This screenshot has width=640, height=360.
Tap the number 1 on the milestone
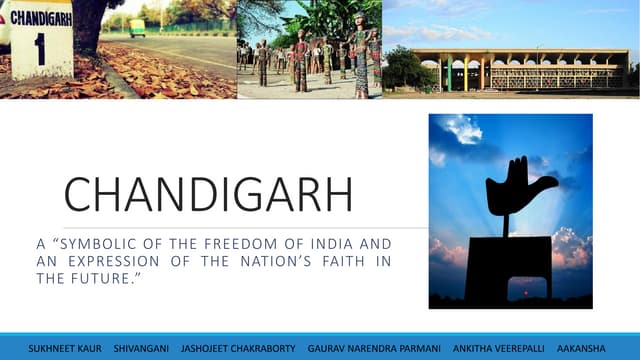point(40,48)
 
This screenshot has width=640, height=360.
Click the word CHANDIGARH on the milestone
point(41,18)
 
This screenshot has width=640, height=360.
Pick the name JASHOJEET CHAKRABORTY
point(238,348)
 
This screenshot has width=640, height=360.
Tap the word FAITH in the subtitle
point(347,261)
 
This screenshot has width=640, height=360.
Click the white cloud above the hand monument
point(462,130)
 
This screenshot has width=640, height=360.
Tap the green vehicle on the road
point(137,28)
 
